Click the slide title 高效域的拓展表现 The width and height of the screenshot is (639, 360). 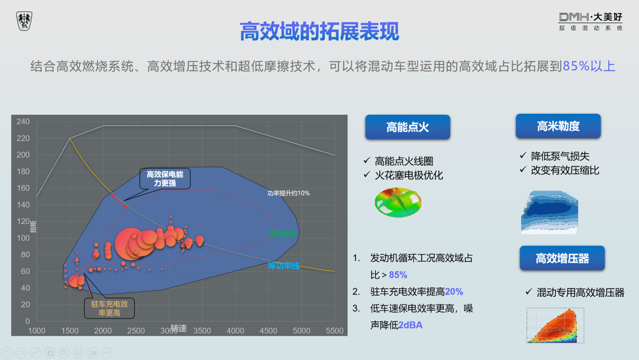click(x=319, y=31)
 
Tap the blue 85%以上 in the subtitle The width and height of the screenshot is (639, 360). click(x=589, y=66)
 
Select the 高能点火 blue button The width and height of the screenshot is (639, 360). click(x=407, y=127)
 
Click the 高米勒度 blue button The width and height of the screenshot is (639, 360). click(x=558, y=126)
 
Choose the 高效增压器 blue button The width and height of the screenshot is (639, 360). click(x=562, y=258)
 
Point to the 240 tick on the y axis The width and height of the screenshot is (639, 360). click(x=23, y=122)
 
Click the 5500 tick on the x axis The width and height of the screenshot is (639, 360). click(x=334, y=330)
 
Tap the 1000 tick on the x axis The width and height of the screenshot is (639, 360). click(x=37, y=330)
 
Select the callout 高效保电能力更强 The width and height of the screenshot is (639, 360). click(x=165, y=179)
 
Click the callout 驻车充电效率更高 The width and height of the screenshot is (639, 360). click(x=109, y=308)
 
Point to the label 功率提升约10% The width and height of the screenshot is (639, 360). click(x=288, y=193)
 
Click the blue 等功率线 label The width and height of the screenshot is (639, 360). click(x=283, y=266)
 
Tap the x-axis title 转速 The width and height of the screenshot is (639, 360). click(x=178, y=328)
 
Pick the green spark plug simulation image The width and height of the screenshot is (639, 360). click(x=398, y=202)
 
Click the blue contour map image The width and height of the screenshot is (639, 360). click(x=549, y=212)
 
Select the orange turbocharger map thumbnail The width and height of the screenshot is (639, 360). click(x=555, y=325)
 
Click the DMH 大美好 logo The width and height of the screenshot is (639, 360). click(x=590, y=21)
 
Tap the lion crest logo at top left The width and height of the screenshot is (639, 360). click(x=24, y=21)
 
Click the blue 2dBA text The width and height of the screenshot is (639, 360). click(x=410, y=325)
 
